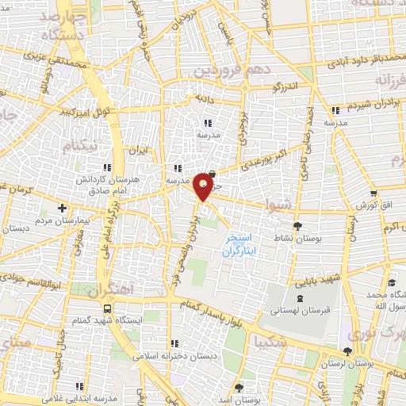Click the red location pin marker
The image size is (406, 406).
(x=205, y=186)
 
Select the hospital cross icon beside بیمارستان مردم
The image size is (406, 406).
(x=63, y=207)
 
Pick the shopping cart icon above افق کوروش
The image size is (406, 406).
(x=373, y=193)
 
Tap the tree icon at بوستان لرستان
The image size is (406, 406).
(x=347, y=351)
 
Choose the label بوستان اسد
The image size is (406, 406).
(x=239, y=400)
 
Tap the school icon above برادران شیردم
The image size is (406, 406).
(x=336, y=110)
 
